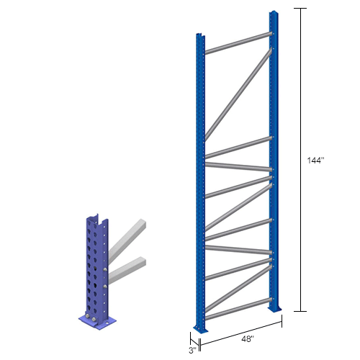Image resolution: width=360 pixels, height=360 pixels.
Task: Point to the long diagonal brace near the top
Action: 238,94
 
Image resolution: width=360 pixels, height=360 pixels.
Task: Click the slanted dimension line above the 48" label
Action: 238,325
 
